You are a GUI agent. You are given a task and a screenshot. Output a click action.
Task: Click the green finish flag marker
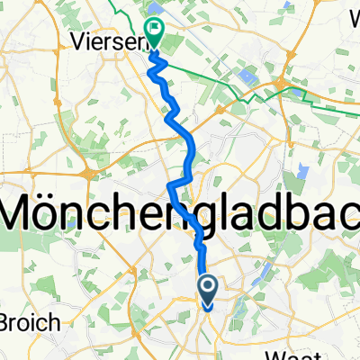tap(155, 34)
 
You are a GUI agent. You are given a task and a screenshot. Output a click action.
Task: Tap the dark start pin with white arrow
tap(207, 290)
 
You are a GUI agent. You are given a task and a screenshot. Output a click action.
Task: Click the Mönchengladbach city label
tap(180, 213)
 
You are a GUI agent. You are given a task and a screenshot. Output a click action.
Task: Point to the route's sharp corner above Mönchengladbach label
tap(170, 184)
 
